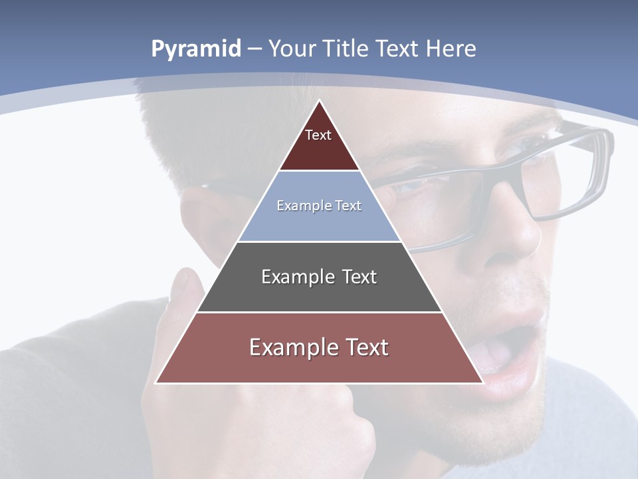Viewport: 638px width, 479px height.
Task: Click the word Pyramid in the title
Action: (x=195, y=49)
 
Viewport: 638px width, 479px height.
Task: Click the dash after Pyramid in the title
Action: (x=254, y=49)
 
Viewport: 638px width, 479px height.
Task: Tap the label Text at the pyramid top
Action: (x=318, y=135)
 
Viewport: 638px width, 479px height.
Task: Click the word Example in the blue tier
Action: (x=298, y=206)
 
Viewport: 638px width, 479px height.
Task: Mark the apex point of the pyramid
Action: (x=320, y=101)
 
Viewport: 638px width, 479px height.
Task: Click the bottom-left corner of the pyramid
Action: (x=156, y=383)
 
